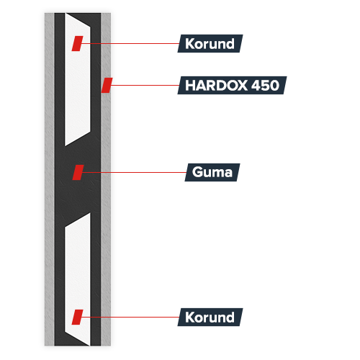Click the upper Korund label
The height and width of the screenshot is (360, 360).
(210, 43)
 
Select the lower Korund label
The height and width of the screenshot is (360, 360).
(210, 317)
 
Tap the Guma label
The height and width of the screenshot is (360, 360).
(212, 172)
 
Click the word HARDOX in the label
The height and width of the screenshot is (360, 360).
(216, 85)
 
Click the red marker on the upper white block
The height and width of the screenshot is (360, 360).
(77, 43)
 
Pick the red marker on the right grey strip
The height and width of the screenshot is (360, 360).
(107, 85)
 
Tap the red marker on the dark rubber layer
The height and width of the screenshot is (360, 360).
(78, 172)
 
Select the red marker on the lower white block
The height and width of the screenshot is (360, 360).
(77, 317)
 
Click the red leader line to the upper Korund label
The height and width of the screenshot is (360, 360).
(130, 43)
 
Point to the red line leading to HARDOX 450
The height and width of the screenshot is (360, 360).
(145, 85)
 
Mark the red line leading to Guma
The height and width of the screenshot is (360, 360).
(134, 172)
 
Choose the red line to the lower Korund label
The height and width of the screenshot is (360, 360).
(130, 317)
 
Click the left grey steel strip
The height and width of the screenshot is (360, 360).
(50, 179)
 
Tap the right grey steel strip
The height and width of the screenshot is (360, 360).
(106, 179)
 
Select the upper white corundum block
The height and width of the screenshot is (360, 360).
(78, 79)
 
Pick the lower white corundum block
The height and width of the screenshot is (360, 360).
(78, 279)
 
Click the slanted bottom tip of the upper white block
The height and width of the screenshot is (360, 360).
(66, 145)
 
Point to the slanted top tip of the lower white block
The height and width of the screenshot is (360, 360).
(90, 213)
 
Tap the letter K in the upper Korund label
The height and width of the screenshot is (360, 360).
(189, 44)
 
